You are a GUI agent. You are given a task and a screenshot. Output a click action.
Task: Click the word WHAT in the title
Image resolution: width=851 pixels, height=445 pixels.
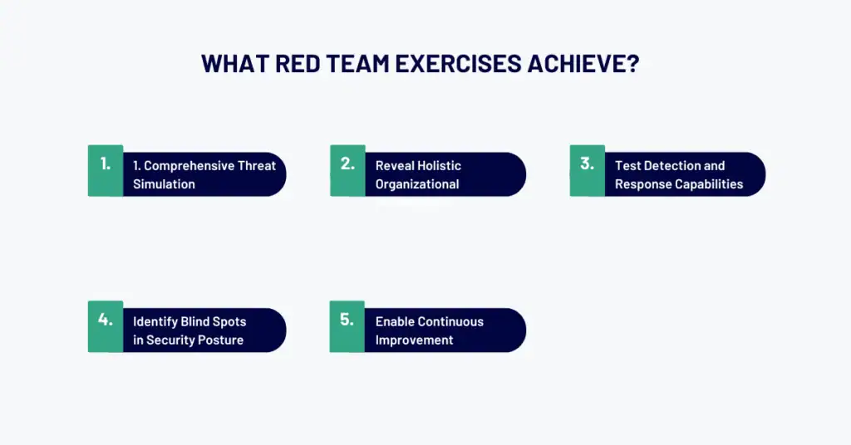pos(230,65)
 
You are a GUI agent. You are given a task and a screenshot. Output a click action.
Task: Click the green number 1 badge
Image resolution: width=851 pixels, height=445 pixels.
pos(106,170)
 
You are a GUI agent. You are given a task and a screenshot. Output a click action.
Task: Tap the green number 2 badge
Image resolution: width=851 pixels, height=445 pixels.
pos(347,170)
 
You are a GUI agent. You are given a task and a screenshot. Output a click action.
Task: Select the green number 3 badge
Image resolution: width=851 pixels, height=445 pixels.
pos(587,170)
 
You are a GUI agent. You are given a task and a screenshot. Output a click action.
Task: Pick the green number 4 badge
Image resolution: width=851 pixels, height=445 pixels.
pos(106,325)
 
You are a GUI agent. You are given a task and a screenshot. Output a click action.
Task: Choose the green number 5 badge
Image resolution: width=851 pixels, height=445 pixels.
pos(347,325)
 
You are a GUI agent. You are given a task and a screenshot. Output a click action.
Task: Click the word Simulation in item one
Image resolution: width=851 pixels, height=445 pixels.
pos(164,184)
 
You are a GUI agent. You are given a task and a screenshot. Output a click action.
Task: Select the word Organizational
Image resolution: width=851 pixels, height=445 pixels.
pos(417,184)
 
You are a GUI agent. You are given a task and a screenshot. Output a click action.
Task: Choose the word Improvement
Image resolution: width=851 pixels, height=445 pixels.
pos(414,340)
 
